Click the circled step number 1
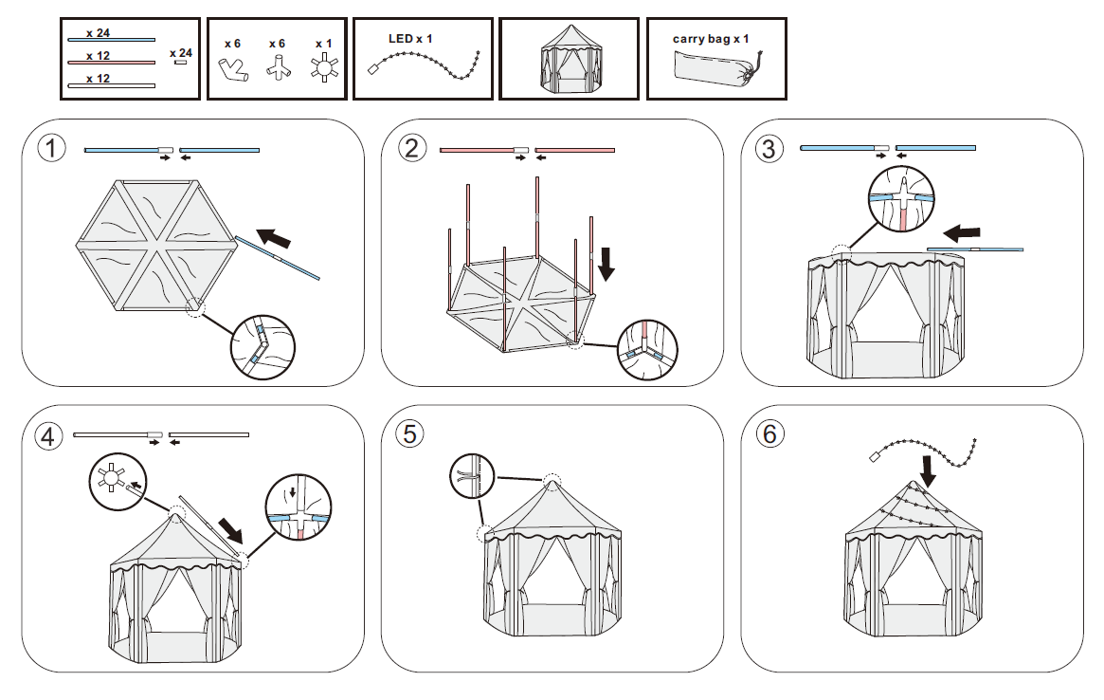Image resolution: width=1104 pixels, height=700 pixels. (x=50, y=150)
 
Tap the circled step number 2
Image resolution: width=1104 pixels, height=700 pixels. (x=410, y=149)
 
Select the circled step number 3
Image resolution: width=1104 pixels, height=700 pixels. (x=769, y=149)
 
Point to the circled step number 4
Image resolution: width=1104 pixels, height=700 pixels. (x=48, y=436)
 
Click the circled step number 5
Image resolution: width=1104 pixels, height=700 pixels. (x=409, y=433)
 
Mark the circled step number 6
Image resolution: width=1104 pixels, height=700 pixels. (x=769, y=433)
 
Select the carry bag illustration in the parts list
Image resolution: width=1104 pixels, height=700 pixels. (x=715, y=69)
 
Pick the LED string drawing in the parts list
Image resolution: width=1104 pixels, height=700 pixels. (x=424, y=64)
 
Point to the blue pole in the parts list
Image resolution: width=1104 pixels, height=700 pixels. (x=111, y=41)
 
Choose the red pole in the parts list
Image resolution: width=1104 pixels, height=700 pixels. (x=111, y=64)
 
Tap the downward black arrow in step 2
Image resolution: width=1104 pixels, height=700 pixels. (x=606, y=263)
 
